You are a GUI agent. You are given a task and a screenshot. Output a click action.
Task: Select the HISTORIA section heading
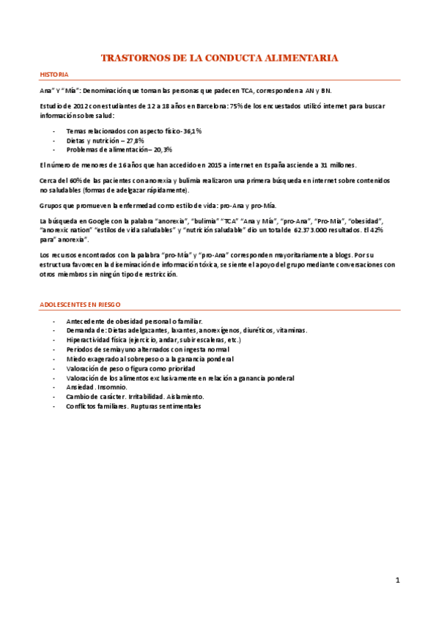pyautogui.click(x=54, y=75)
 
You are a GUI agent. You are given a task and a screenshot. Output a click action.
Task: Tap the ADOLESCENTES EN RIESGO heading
pyautogui.click(x=81, y=303)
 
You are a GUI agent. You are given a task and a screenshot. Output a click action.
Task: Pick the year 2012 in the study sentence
pyautogui.click(x=83, y=106)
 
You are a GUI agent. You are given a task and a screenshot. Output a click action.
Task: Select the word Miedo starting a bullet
pyautogui.click(x=75, y=359)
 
